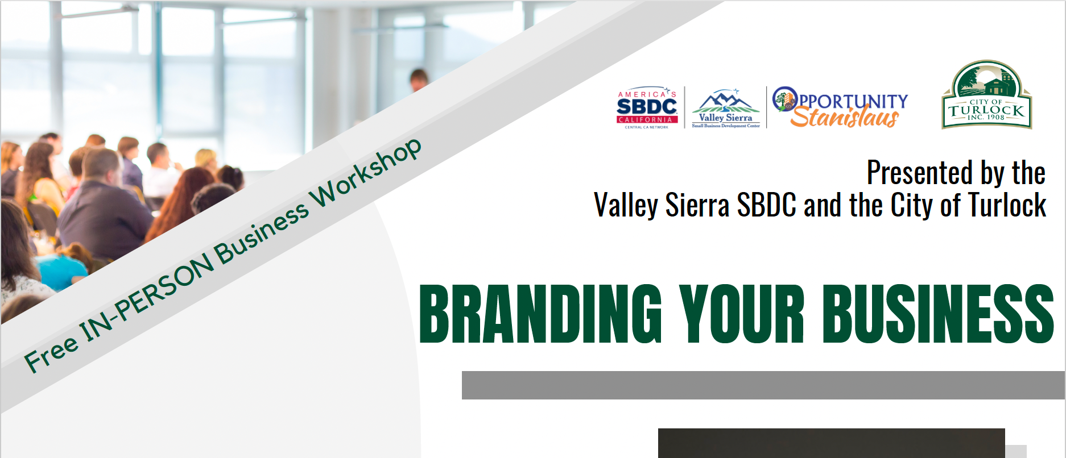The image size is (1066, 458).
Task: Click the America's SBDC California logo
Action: point(647,109)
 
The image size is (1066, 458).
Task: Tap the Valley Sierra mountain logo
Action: point(726,109)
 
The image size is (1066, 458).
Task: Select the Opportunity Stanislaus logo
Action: point(840,107)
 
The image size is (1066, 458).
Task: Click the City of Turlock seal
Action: point(987,95)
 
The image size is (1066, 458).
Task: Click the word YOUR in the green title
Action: point(742,314)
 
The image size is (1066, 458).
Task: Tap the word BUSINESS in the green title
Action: point(938,314)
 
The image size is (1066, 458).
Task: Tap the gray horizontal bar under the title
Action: point(763,385)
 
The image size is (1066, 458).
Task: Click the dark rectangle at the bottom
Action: point(832,443)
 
